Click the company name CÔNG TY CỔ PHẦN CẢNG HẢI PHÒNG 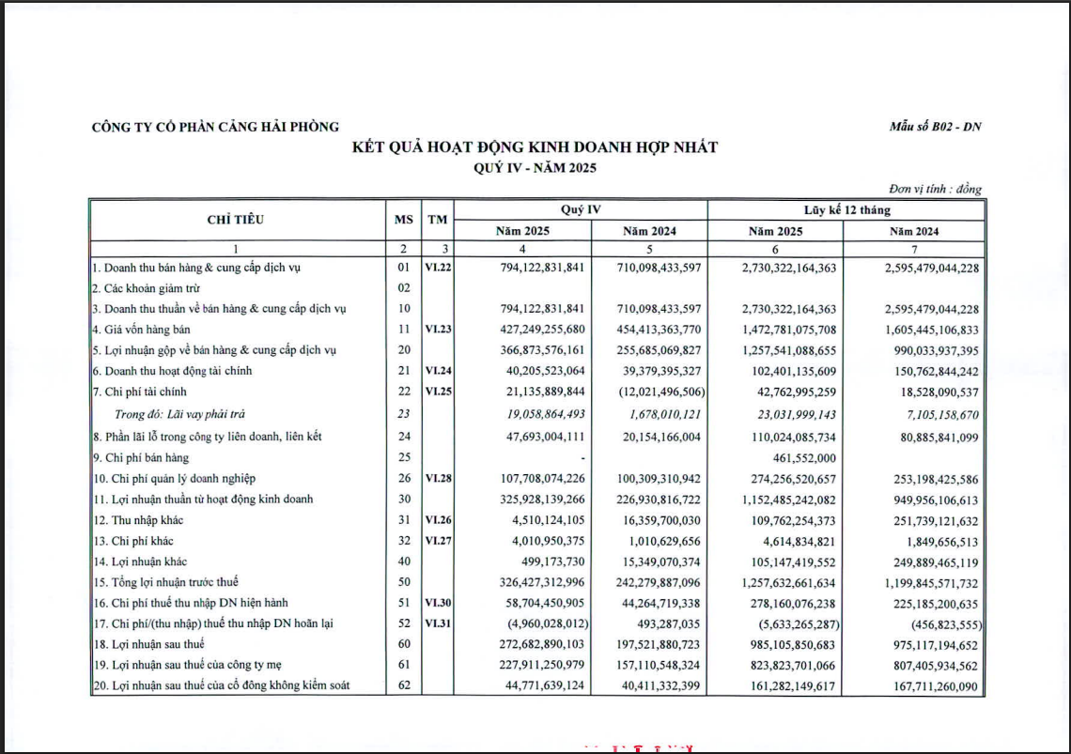pyautogui.click(x=215, y=128)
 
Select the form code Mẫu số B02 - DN pyautogui.click(x=935, y=128)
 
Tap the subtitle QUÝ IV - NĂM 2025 pyautogui.click(x=535, y=167)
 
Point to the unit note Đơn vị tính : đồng pyautogui.click(x=935, y=189)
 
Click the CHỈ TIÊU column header pyautogui.click(x=235, y=220)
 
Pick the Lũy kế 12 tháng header pyautogui.click(x=846, y=210)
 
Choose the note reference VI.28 pyautogui.click(x=437, y=478)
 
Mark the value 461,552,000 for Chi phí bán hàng pyautogui.click(x=797, y=457)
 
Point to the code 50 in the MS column pyautogui.click(x=404, y=582)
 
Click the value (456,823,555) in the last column pyautogui.click(x=934, y=623)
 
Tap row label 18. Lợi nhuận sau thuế pyautogui.click(x=148, y=644)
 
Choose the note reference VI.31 pyautogui.click(x=437, y=623)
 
